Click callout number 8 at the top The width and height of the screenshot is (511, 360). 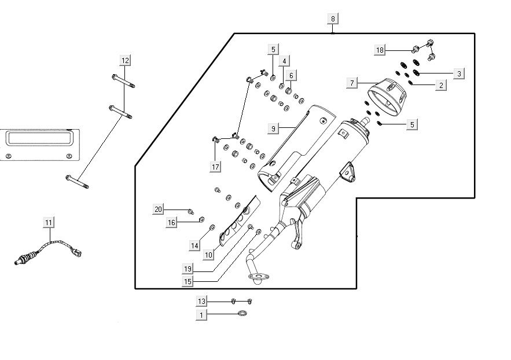(x=333, y=19)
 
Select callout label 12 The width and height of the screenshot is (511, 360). (x=126, y=60)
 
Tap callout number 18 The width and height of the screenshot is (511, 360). (x=380, y=50)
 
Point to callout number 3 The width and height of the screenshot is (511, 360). (x=459, y=74)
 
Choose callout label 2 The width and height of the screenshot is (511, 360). (x=441, y=85)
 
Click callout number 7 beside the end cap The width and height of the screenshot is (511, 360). (x=352, y=83)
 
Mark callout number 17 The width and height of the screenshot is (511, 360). (x=215, y=167)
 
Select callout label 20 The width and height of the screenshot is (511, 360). (x=159, y=208)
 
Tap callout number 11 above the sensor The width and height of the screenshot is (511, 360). (x=49, y=222)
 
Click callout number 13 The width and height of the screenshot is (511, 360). (x=201, y=301)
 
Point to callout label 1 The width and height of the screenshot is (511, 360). (x=201, y=314)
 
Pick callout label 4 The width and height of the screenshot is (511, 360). (x=284, y=61)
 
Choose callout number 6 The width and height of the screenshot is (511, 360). (x=291, y=75)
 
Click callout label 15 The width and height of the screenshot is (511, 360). (x=188, y=282)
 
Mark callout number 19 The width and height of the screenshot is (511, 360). (x=188, y=269)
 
